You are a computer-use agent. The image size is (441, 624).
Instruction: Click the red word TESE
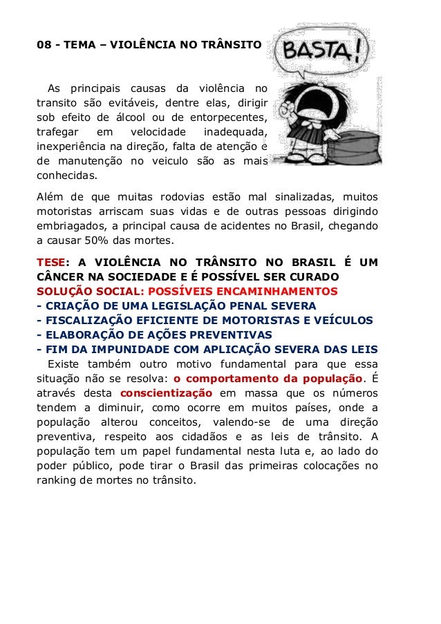[53, 262]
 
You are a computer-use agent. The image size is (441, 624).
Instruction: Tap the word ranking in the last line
[58, 480]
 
